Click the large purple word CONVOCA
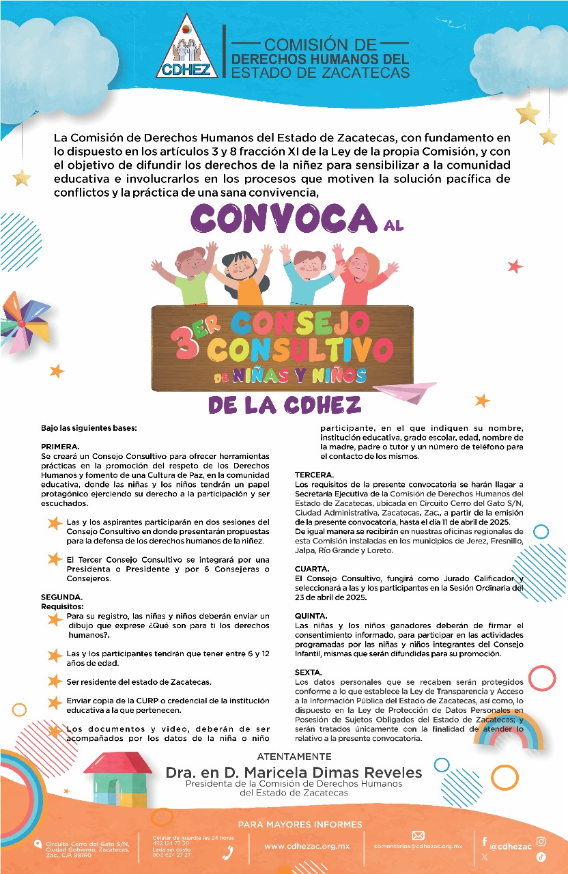[282, 220]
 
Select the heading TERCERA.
[313, 475]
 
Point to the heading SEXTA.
[308, 673]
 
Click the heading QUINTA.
[311, 617]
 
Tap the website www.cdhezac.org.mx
[307, 846]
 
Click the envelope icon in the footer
[418, 835]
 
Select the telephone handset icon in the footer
[229, 851]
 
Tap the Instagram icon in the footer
[541, 841]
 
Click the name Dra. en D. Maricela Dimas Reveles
[294, 772]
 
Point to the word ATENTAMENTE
[294, 757]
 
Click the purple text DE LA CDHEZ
[284, 406]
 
